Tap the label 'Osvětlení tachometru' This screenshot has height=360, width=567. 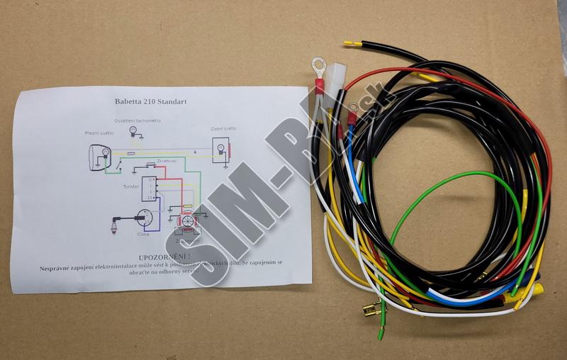138,120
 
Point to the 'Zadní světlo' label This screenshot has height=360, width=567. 223,128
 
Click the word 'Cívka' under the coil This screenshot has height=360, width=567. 142,233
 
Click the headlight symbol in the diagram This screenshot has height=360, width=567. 98,155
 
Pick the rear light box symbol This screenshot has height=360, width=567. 220,150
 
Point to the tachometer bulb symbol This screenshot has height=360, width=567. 133,130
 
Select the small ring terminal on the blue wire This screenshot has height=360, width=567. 352,108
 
